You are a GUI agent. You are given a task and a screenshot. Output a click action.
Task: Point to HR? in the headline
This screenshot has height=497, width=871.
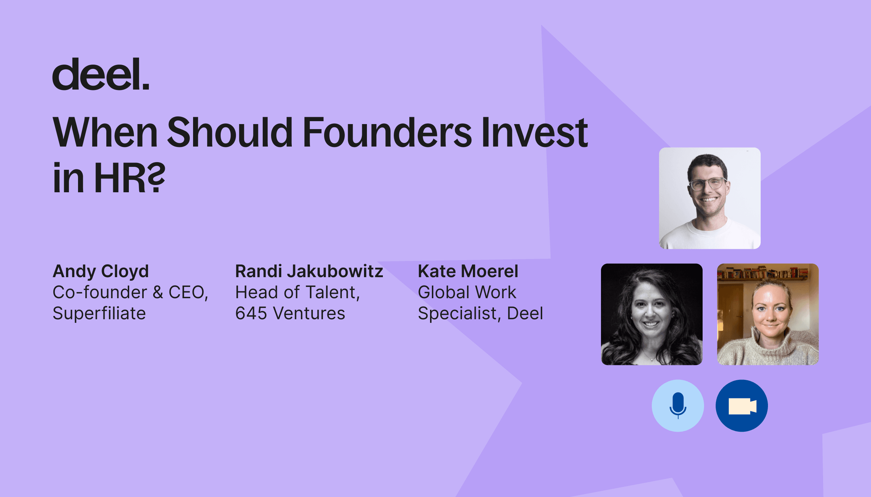click(130, 178)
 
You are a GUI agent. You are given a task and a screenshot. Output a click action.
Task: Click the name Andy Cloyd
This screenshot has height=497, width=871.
click(101, 272)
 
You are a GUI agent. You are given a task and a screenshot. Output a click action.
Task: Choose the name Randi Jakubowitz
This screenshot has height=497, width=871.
click(309, 271)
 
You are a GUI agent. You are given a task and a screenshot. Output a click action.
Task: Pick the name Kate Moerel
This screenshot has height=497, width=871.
click(468, 271)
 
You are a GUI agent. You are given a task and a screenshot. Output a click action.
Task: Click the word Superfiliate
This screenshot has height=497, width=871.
click(99, 313)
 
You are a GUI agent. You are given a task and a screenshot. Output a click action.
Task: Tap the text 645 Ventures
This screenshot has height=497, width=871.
click(290, 313)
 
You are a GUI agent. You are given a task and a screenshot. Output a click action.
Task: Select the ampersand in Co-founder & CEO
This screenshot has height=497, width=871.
click(158, 292)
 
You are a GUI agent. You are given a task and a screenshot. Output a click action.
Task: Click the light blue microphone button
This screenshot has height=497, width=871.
click(678, 406)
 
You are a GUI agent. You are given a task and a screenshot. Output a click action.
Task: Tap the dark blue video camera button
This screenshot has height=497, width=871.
click(742, 406)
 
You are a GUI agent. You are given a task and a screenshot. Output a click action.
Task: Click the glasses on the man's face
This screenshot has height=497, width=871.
click(708, 183)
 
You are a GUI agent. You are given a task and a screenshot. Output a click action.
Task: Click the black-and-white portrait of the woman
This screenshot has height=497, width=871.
click(652, 314)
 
